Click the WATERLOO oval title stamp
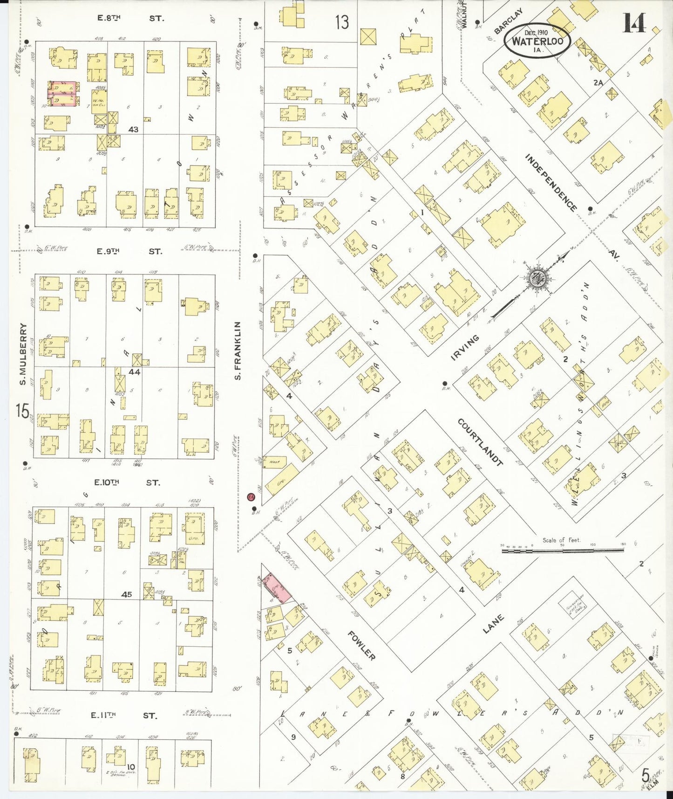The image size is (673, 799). (537, 40)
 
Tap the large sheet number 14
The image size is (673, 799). (634, 23)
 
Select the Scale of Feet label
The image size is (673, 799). (561, 540)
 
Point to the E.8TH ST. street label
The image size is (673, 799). (130, 18)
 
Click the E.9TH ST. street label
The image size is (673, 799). (129, 251)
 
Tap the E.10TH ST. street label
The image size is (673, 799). (127, 482)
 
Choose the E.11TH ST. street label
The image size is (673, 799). (124, 715)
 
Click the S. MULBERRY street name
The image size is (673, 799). (22, 354)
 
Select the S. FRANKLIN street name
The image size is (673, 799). (238, 350)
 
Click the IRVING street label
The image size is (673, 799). (465, 347)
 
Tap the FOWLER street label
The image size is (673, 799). (361, 645)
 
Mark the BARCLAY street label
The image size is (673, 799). (508, 21)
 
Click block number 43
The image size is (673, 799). (133, 129)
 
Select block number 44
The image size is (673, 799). (135, 372)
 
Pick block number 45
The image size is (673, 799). (126, 594)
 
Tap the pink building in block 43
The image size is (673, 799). (62, 93)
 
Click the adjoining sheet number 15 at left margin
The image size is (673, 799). (22, 411)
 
